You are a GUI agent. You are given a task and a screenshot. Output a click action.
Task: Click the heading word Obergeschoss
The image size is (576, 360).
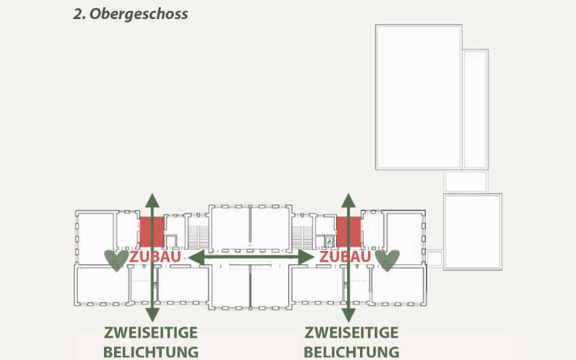click(x=139, y=14)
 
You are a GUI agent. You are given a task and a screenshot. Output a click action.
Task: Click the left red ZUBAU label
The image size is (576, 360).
click(x=155, y=257)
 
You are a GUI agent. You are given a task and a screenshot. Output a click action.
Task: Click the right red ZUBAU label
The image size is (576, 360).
click(x=345, y=257)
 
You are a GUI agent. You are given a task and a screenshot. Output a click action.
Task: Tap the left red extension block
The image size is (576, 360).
click(x=151, y=232)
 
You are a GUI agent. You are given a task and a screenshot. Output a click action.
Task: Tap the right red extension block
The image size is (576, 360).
click(x=349, y=232)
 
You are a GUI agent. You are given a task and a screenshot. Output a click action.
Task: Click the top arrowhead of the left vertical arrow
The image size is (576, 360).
click(x=152, y=200)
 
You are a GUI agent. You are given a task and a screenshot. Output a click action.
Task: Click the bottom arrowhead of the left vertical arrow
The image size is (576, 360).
click(x=152, y=314)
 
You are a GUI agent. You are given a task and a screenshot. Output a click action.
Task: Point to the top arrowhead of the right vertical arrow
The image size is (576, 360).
click(x=348, y=200)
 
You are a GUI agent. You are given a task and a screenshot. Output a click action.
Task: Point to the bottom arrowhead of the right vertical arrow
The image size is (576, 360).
click(x=348, y=314)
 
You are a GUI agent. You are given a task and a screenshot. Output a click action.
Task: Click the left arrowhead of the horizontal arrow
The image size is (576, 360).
click(x=196, y=257)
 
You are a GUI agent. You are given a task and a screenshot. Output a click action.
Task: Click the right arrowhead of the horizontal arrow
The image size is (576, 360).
click(x=306, y=257)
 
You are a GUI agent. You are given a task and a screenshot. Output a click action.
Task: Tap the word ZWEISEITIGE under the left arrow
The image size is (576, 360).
click(x=151, y=333)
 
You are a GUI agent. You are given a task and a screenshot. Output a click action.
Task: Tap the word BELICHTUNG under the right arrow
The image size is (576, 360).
click(x=352, y=352)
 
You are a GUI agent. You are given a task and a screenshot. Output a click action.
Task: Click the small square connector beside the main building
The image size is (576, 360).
click(x=434, y=259)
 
